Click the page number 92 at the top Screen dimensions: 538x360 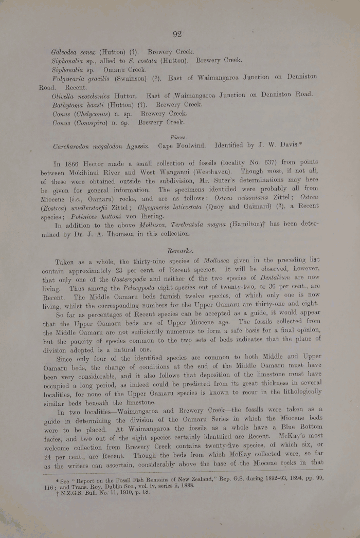coord(177,34)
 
